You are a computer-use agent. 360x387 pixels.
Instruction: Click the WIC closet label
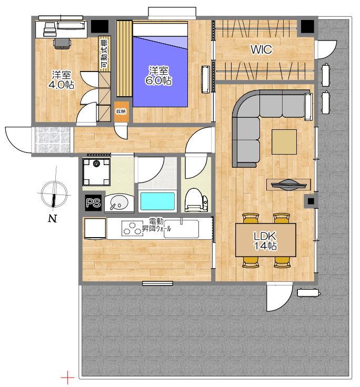pyautogui.click(x=262, y=49)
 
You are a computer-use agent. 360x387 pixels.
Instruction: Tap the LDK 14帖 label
pyautogui.click(x=265, y=241)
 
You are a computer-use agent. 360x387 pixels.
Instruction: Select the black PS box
pyautogui.click(x=93, y=203)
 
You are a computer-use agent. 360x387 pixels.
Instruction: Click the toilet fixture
pyautogui.click(x=197, y=200)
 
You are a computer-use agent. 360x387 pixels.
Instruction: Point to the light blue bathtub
pyautogui.click(x=157, y=201)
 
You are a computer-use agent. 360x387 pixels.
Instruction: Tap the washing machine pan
pyautogui.click(x=96, y=172)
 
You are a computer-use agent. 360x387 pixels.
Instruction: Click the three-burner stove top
pyautogui.click(x=132, y=228)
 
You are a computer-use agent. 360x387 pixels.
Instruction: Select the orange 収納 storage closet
pyautogui.click(x=122, y=111)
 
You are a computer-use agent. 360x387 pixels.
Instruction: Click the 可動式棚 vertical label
pyautogui.click(x=105, y=54)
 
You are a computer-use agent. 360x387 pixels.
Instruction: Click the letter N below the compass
pyautogui.click(x=53, y=219)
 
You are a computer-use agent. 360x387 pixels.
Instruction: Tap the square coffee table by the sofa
pyautogui.click(x=284, y=142)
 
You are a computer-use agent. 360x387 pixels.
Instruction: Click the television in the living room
pyautogui.click(x=288, y=185)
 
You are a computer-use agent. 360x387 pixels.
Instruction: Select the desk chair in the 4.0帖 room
pyautogui.click(x=62, y=44)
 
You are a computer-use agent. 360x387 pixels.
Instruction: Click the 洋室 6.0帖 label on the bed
pyautogui.click(x=158, y=76)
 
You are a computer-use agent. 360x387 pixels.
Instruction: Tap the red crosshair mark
pyautogui.click(x=67, y=378)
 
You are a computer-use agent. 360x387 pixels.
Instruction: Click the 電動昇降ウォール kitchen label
pyautogui.click(x=156, y=225)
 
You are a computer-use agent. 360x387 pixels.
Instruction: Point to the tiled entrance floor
pyautogui.click(x=53, y=140)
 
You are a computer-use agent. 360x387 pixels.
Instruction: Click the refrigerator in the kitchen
pyautogui.click(x=95, y=229)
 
